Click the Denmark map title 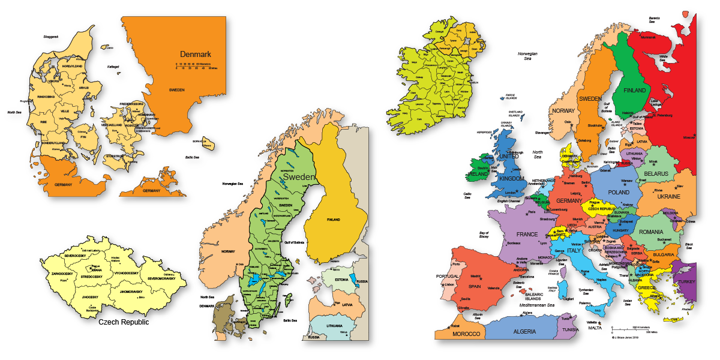[196, 54]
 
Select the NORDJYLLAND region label [71, 66]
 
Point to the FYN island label [84, 136]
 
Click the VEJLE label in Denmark [64, 111]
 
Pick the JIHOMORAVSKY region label [131, 292]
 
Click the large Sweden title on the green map [299, 178]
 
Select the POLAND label [619, 193]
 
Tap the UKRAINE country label [668, 196]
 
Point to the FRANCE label [527, 234]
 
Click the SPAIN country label [475, 286]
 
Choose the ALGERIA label [524, 331]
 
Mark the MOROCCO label [466, 334]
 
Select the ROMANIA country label [651, 232]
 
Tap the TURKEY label [685, 281]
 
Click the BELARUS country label [656, 173]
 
